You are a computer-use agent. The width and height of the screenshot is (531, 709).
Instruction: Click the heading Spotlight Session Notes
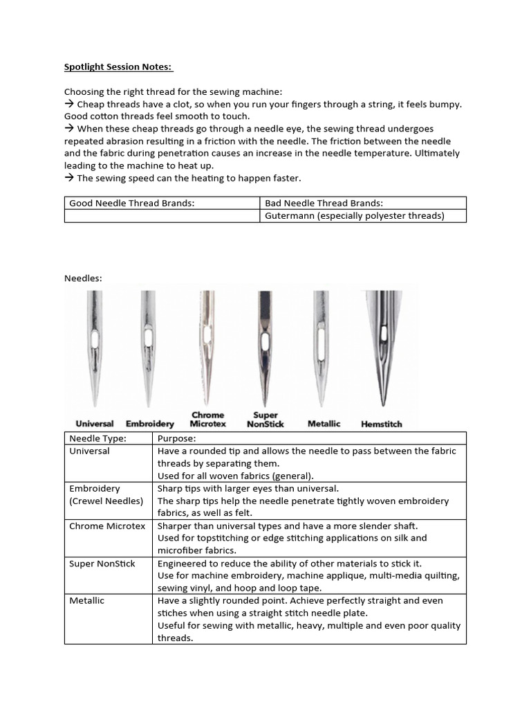[118, 67]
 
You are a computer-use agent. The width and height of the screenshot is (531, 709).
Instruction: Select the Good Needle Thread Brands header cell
[129, 203]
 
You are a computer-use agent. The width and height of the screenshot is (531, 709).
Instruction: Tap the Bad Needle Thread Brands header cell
[324, 203]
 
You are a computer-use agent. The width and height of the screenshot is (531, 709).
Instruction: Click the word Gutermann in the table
[289, 216]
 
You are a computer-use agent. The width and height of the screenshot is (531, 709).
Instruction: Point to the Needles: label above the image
[83, 278]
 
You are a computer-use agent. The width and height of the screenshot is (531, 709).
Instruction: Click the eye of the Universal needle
[95, 340]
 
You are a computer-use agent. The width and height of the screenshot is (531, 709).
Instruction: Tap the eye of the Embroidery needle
[148, 339]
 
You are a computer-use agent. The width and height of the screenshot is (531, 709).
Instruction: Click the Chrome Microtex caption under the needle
[208, 419]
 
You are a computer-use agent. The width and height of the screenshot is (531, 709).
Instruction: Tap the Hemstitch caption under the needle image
[381, 424]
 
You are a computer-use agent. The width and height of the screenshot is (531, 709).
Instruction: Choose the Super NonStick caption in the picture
[265, 419]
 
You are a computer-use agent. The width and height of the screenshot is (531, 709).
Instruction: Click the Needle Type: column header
[95, 438]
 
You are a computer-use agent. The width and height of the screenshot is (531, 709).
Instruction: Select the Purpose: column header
[176, 438]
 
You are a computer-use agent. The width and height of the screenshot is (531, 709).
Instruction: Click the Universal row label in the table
[89, 451]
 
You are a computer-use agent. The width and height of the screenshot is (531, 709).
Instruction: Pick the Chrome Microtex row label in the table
[107, 526]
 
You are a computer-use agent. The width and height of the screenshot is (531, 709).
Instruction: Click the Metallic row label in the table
[86, 600]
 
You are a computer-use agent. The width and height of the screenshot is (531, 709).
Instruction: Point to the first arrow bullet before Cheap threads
[69, 104]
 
